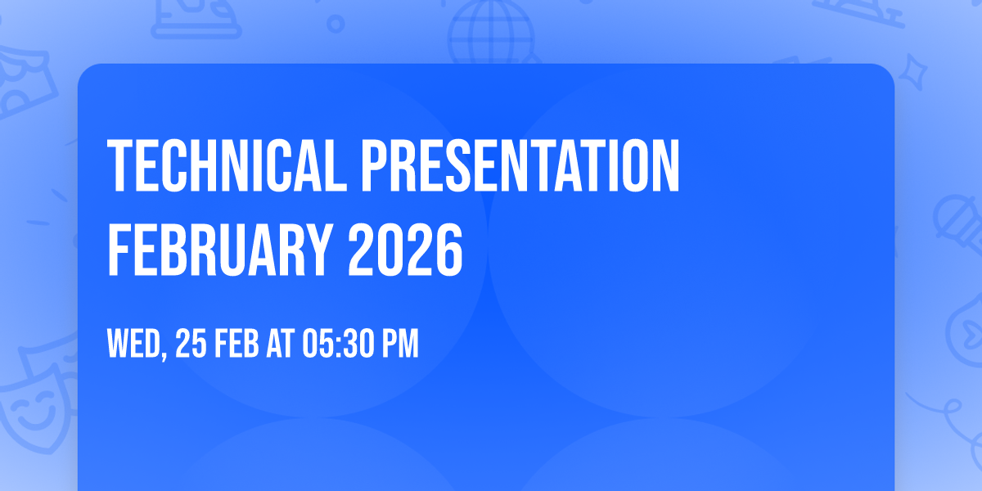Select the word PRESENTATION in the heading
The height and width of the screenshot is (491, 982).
[521, 166]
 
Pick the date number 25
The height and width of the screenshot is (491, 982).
[190, 345]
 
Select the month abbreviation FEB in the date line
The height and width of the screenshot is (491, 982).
[237, 345]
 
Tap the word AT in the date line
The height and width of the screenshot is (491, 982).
[280, 345]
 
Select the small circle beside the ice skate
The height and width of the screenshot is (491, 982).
[336, 23]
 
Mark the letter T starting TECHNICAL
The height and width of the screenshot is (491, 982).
[120, 166]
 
